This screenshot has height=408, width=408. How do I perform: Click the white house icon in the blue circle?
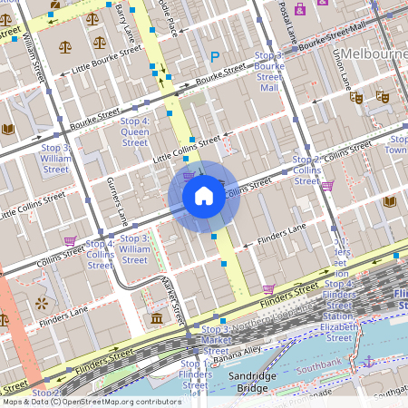click(x=204, y=196)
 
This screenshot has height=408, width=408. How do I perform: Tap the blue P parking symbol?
click(x=215, y=57)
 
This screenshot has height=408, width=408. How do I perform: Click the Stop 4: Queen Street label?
click(x=134, y=131)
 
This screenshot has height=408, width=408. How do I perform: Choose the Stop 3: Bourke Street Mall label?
click(x=269, y=72)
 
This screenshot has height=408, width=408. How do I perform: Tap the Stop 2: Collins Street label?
click(x=306, y=170)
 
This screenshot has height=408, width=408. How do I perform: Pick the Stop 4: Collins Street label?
click(x=100, y=255)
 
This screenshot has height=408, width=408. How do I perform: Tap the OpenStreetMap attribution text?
click(x=91, y=402)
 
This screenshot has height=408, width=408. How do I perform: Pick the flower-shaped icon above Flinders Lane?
click(x=41, y=300)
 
